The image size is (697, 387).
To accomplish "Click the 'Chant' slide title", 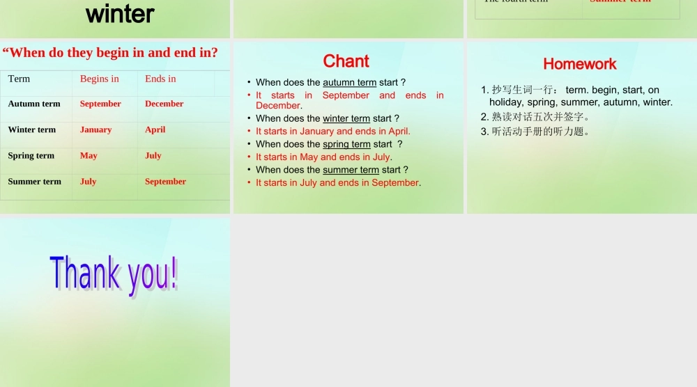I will [346, 61].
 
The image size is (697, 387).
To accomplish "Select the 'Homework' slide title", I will [580, 64].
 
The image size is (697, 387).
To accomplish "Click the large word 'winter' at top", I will [120, 13].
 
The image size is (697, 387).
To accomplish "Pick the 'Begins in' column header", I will [100, 79].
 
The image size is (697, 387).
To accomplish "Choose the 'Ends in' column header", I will [160, 79].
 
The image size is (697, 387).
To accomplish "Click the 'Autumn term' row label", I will [34, 104].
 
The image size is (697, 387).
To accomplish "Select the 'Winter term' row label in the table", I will [32, 129].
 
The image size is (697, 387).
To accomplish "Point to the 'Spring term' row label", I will [31, 155].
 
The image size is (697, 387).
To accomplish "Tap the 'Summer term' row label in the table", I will [35, 181].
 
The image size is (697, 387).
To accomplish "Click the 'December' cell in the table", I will [164, 104].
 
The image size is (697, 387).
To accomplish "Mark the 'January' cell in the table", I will [95, 129].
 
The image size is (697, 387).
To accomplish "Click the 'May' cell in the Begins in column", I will [89, 155].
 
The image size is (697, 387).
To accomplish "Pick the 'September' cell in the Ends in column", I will [165, 181].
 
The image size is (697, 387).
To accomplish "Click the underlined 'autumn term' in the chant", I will [349, 82].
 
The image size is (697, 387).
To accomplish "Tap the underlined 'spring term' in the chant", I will [346, 144].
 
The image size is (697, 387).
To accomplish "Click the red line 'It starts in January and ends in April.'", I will [333, 131].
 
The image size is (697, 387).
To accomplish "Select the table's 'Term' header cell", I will [19, 79].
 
